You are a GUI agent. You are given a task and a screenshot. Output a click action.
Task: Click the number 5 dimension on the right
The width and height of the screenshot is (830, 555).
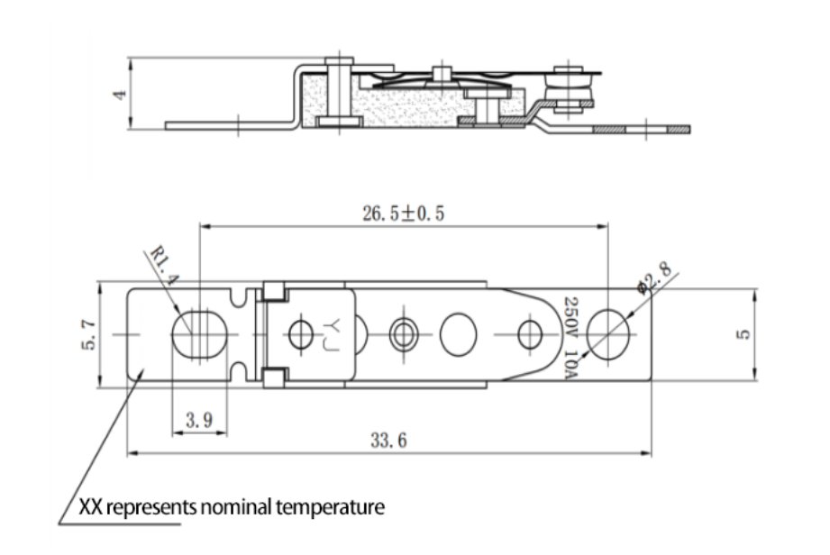point(742,334)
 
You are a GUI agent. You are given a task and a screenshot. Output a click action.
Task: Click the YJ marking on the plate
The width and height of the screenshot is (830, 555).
point(329,334)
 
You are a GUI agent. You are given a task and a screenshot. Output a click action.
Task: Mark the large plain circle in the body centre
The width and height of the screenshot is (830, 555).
point(459,334)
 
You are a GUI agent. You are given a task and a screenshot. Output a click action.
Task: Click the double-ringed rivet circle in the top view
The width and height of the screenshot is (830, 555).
point(402,334)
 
